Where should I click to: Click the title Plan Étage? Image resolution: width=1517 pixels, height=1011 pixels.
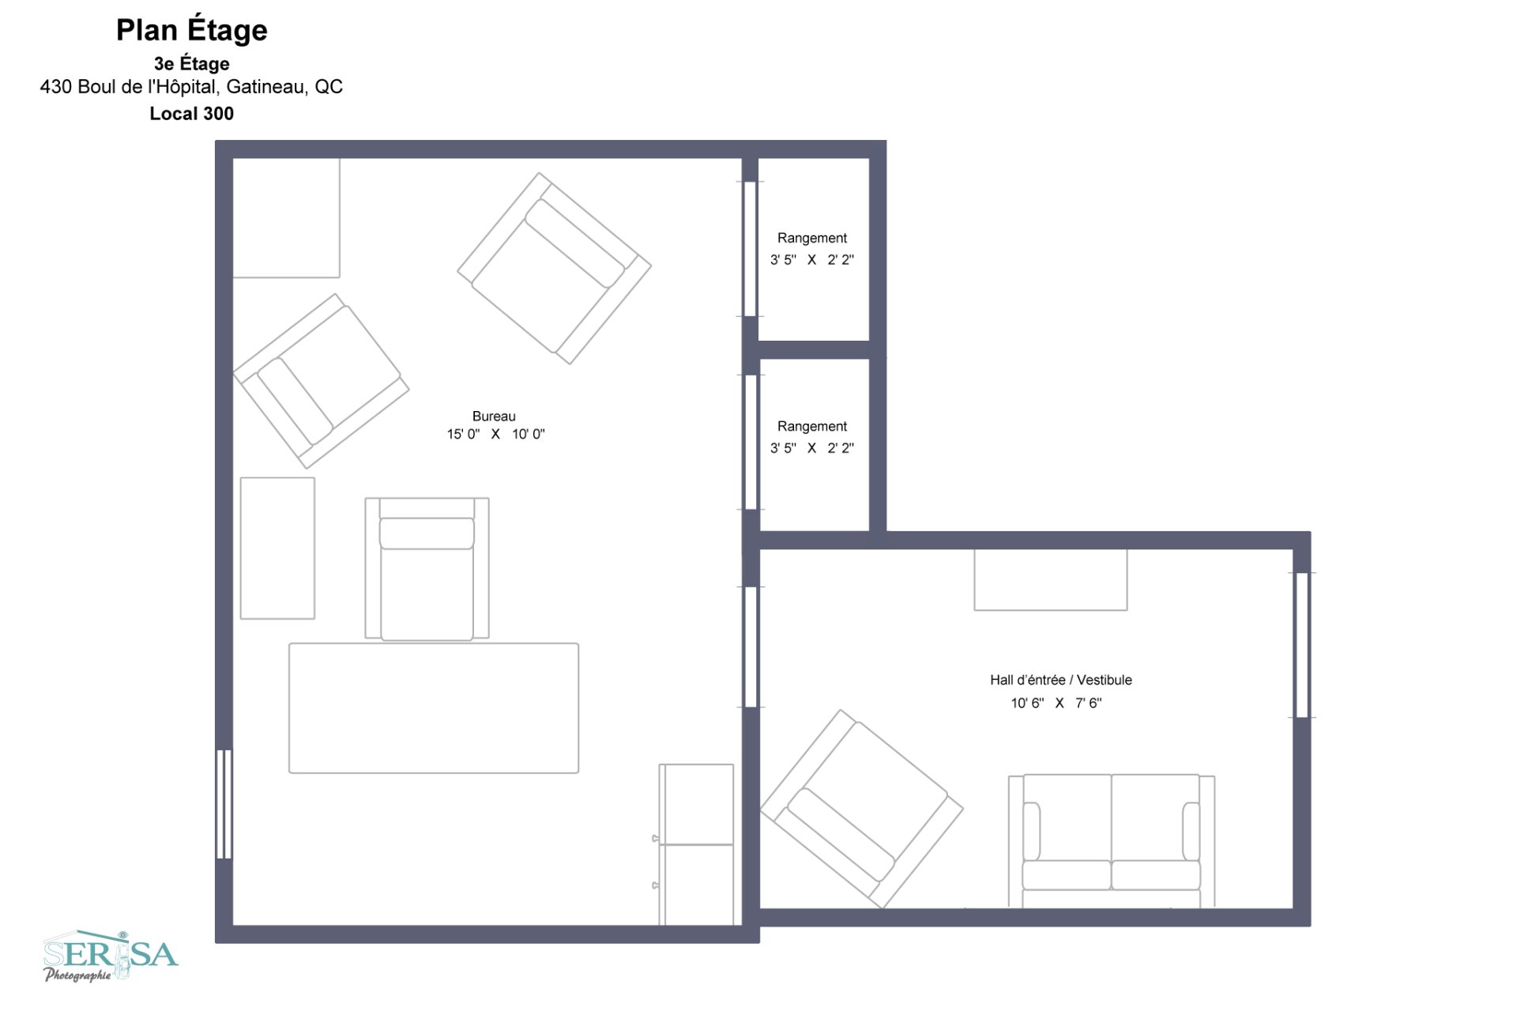[x=192, y=30]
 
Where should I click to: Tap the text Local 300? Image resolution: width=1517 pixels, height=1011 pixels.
[x=192, y=114]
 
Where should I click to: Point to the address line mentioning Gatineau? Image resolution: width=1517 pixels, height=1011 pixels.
[x=191, y=87]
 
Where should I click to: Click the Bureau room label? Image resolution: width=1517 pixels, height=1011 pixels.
[x=494, y=417]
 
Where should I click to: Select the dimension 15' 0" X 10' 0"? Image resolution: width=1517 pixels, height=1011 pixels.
[x=495, y=434]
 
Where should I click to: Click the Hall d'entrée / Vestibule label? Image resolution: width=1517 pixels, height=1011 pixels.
[x=1060, y=680]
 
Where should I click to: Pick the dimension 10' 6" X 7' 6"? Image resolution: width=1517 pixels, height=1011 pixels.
[x=1056, y=703]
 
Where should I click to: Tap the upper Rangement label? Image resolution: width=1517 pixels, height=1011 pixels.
[x=811, y=238]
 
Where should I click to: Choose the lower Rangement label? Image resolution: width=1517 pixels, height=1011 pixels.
[x=811, y=426]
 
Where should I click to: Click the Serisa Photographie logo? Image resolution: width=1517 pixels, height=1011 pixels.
[x=111, y=956]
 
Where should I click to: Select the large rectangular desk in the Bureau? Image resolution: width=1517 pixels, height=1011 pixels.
[x=434, y=708]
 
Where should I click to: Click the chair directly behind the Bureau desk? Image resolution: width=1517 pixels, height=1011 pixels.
[x=427, y=569]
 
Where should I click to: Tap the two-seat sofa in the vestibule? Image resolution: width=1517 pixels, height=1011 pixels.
[x=1111, y=839]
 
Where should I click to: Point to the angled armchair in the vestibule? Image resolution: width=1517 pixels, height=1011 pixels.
[x=861, y=809]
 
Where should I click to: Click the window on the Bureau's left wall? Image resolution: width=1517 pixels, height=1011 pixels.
[x=224, y=804]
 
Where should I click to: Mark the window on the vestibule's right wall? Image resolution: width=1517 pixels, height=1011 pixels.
[x=1301, y=645]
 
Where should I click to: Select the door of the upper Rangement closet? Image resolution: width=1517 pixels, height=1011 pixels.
[x=750, y=249]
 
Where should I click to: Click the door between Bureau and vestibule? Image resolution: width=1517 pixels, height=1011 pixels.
[x=751, y=647]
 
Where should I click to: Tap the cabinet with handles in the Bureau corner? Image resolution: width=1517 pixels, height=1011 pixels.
[x=696, y=844]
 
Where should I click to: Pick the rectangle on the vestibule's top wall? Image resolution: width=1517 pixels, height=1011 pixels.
[x=1050, y=579]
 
